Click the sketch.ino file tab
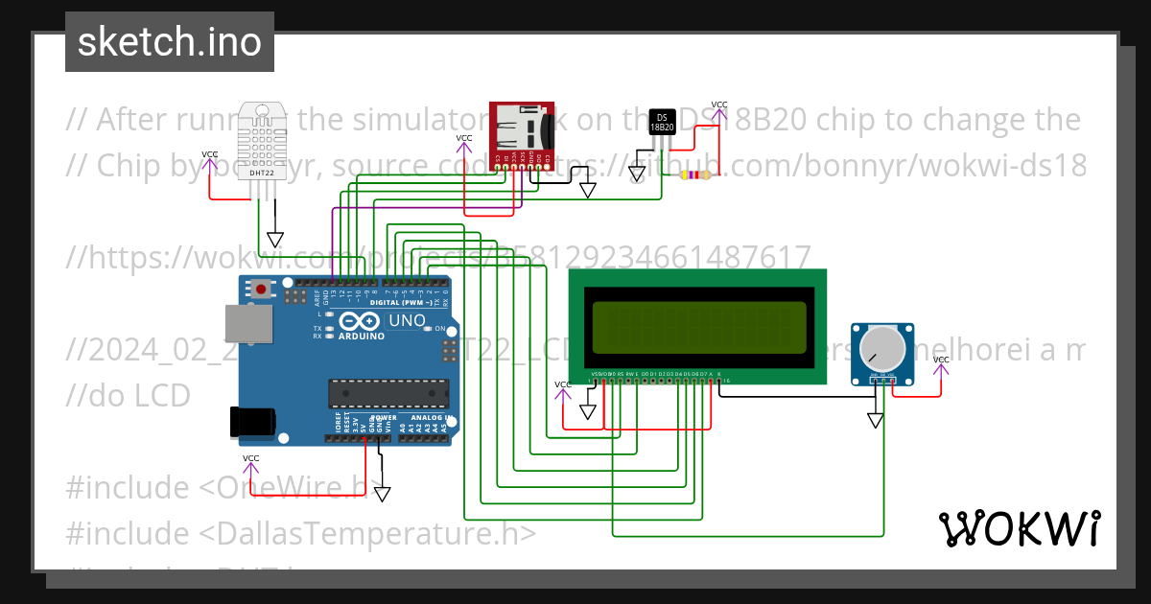169,42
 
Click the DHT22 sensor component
265,139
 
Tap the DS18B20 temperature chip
662,121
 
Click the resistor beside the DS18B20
695,175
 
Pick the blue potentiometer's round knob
881,347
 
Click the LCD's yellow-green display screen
698,328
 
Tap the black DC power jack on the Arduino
251,422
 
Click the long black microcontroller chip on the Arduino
388,393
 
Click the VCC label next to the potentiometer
941,360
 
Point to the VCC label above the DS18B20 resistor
718,105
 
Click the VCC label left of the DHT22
209,154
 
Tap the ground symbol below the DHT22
275,240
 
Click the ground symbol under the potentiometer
875,420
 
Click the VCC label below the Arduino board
250,458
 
